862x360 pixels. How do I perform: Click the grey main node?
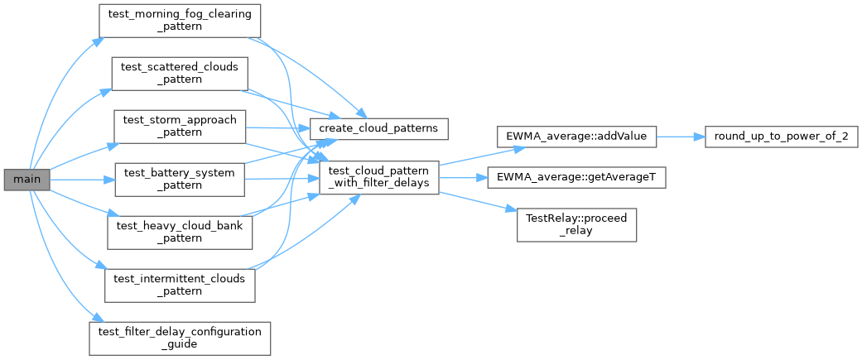pos(27,180)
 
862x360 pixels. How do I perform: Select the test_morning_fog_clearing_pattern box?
pos(179,21)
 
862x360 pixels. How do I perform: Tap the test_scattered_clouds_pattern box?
pos(180,74)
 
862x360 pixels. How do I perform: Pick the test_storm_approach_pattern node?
pos(179,127)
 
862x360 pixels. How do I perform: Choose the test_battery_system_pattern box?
pos(180,180)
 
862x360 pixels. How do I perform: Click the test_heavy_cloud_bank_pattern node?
pos(180,233)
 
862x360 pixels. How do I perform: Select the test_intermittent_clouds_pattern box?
pos(180,286)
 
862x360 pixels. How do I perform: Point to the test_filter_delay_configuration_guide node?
pos(180,338)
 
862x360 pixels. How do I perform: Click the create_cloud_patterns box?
pos(378,128)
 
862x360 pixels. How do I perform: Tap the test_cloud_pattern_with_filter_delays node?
pos(378,178)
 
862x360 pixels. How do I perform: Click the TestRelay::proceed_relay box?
pos(576,225)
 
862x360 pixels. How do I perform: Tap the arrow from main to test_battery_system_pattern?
pos(83,180)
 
